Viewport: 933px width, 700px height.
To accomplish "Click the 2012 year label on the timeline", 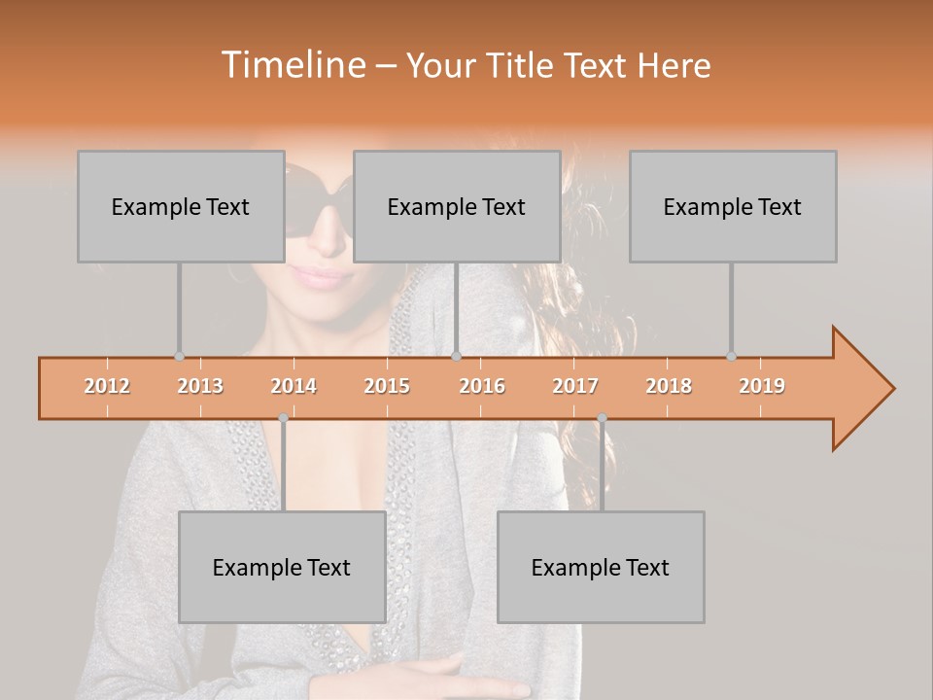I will pyautogui.click(x=107, y=386).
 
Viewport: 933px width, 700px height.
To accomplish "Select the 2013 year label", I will pyautogui.click(x=200, y=386).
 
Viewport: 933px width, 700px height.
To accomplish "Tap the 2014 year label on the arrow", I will pyautogui.click(x=294, y=386).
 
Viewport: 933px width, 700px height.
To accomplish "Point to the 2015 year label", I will pyautogui.click(x=387, y=386).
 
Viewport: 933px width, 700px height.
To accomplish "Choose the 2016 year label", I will pyautogui.click(x=482, y=386).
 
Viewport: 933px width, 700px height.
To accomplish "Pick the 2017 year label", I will pyautogui.click(x=575, y=386).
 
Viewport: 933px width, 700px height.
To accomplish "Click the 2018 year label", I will pyautogui.click(x=669, y=386).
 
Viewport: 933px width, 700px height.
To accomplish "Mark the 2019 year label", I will pyautogui.click(x=762, y=386).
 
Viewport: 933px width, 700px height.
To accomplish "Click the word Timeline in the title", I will pyautogui.click(x=292, y=65).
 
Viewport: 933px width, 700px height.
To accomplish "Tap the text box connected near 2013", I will pyautogui.click(x=181, y=206).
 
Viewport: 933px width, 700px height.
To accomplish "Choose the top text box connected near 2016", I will pyautogui.click(x=457, y=206).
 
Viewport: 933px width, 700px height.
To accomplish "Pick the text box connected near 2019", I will pyautogui.click(x=733, y=206).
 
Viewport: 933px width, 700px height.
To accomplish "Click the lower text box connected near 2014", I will pyautogui.click(x=282, y=567).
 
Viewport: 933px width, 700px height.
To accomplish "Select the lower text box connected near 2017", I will pyautogui.click(x=601, y=567).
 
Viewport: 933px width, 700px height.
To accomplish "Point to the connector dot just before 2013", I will pyautogui.click(x=179, y=357).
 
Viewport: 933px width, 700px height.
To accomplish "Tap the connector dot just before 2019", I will pyautogui.click(x=731, y=357).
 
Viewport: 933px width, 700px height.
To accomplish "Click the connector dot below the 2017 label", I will pyautogui.click(x=602, y=418).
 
